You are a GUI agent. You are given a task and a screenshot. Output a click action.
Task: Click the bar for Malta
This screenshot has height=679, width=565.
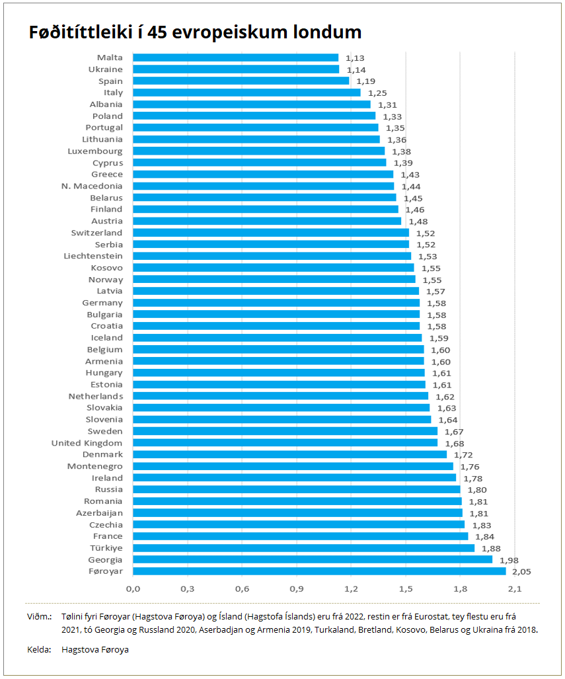tap(235, 58)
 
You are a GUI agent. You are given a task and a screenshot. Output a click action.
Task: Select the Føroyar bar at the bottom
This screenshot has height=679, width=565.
tap(319, 571)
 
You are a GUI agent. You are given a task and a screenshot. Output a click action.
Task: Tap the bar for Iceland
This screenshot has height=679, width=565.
tap(277, 338)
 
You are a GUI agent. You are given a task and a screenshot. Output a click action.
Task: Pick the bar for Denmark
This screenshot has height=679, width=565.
tap(289, 455)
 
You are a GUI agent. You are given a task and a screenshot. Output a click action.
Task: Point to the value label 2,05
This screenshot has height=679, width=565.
tap(521, 572)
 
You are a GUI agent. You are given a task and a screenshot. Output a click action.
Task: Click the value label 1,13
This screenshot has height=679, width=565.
tap(355, 58)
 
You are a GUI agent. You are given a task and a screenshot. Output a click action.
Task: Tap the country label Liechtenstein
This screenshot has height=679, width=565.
tap(93, 256)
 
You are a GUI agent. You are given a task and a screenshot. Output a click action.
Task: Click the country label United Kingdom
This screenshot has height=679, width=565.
tap(87, 443)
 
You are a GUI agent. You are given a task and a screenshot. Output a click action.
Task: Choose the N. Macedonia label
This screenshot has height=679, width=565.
tap(92, 186)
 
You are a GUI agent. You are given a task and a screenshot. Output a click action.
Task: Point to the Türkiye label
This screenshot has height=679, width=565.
tap(106, 548)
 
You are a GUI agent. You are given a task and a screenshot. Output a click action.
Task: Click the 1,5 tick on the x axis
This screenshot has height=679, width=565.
tap(406, 589)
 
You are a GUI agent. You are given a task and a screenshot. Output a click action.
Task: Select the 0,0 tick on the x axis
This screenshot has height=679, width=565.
tap(133, 589)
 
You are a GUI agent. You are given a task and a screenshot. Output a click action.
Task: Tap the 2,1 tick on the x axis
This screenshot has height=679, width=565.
tap(515, 589)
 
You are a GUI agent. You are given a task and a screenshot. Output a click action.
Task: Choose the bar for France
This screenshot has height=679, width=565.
tap(300, 536)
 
